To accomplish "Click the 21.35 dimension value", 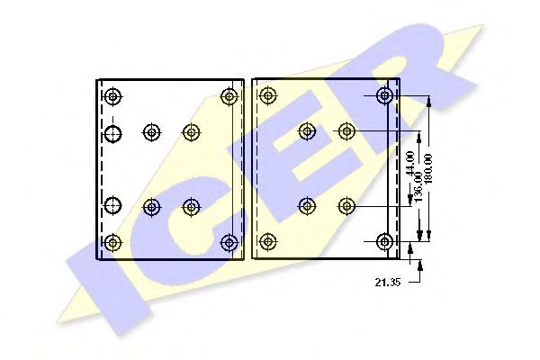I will pyautogui.click(x=387, y=282).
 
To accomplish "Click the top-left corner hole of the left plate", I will pyautogui.click(x=112, y=96).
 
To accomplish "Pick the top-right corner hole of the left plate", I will pyautogui.click(x=230, y=96).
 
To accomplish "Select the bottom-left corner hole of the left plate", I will pyautogui.click(x=112, y=242).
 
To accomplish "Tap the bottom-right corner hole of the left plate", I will pyautogui.click(x=230, y=242).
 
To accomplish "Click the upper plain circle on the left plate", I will pyautogui.click(x=112, y=134).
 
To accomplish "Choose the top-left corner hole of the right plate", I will pyautogui.click(x=266, y=95).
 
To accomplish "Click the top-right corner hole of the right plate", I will pyautogui.click(x=385, y=95).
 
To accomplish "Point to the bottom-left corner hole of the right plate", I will pyautogui.click(x=266, y=241).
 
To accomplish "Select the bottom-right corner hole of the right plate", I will pyautogui.click(x=385, y=241).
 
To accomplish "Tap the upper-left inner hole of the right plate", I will pyautogui.click(x=307, y=132).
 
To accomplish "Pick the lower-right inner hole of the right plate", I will pyautogui.click(x=346, y=206).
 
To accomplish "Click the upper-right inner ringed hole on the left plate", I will pyautogui.click(x=191, y=133).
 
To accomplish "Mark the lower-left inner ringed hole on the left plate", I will pyautogui.click(x=151, y=207).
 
